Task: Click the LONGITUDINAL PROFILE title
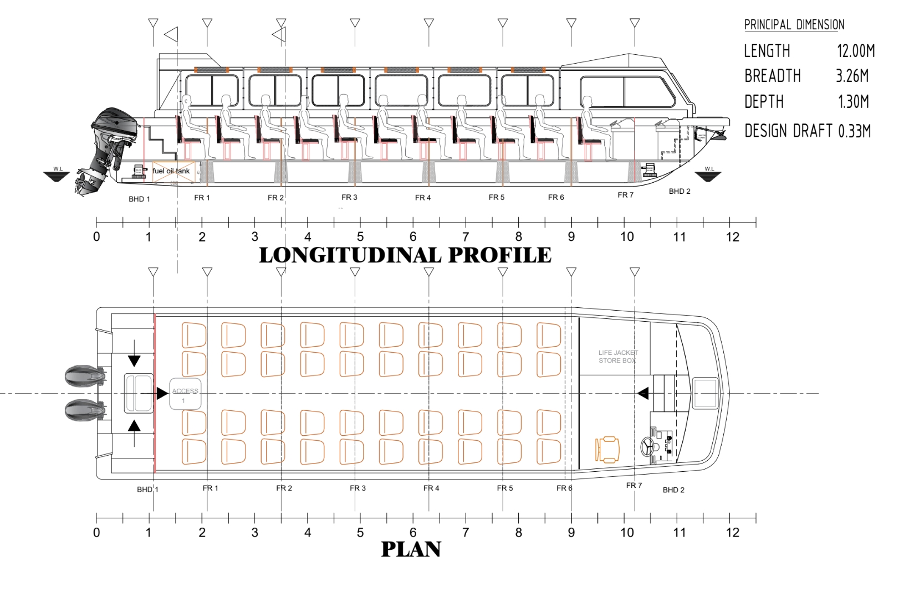click(x=405, y=255)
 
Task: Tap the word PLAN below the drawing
click(x=411, y=549)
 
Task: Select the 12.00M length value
click(x=855, y=51)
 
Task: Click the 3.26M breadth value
click(x=852, y=76)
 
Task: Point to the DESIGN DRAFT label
click(x=788, y=131)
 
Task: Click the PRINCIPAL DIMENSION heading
click(x=794, y=25)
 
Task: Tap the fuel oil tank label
click(x=171, y=171)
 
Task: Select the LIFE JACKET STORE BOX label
click(x=617, y=357)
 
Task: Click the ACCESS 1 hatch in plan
click(x=185, y=394)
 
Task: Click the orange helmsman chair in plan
click(x=607, y=449)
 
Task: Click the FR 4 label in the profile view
click(x=423, y=198)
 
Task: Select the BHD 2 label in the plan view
click(x=673, y=490)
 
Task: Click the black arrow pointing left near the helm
click(x=642, y=394)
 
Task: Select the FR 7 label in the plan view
click(x=634, y=486)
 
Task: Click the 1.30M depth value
click(x=853, y=102)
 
